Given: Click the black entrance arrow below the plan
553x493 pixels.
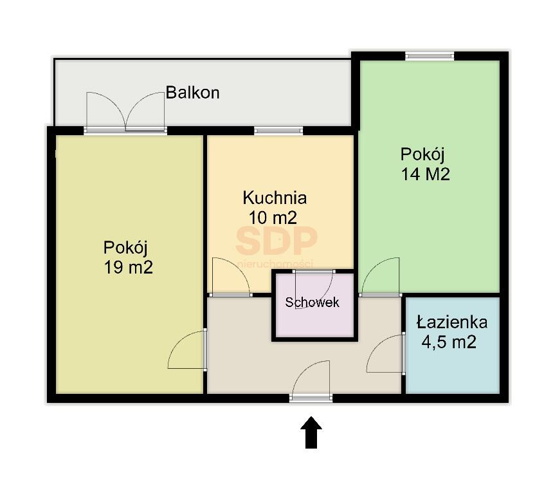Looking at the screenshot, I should (311, 432).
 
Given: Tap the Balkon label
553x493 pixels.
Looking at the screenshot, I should (192, 93).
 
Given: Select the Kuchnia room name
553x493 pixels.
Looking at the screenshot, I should (274, 198).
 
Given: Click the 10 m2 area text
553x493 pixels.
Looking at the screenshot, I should (273, 218).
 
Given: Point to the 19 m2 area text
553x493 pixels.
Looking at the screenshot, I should (128, 267).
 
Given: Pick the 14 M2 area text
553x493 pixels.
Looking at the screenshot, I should (425, 174).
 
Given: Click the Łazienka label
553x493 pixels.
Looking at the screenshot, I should (451, 322).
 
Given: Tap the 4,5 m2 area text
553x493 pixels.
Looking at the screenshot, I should (449, 342).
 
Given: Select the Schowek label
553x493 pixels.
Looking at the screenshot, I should (313, 302).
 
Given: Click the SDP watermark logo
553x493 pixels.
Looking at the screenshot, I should (276, 241).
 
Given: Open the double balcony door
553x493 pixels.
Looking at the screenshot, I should (126, 113).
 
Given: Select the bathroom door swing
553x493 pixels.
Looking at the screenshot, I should (386, 355).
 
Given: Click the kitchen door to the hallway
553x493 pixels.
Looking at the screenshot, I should (230, 277).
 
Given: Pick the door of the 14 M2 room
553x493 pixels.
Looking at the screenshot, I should (380, 277).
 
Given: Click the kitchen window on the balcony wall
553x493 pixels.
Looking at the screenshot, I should (278, 131).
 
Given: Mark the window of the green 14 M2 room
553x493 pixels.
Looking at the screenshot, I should (430, 57).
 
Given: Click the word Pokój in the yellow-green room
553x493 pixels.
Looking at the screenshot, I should (126, 247).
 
